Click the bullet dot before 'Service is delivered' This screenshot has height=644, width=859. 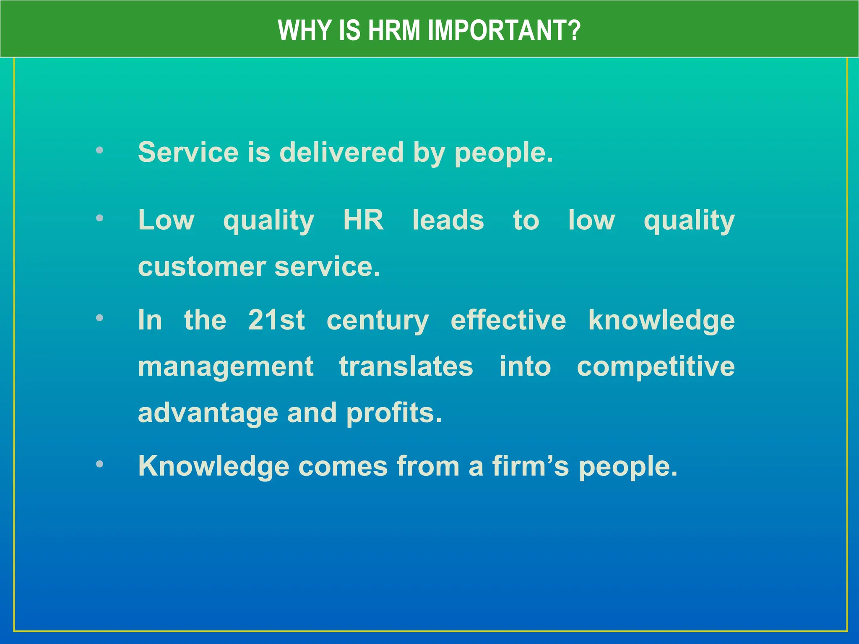coord(99,150)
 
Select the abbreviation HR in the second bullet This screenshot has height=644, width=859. coord(363,220)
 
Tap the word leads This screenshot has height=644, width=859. coord(448,220)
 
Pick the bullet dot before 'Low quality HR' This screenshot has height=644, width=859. coord(99,218)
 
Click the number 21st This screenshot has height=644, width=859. coord(276,320)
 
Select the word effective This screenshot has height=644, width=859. coord(508,320)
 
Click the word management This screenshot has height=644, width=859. coord(226,367)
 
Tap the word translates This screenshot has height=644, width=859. coord(406,366)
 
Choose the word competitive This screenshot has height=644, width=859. coord(656,367)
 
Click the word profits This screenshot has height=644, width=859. coord(394,413)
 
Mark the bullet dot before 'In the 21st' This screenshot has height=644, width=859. coord(99,318)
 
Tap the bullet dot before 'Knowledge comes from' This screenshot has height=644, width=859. coord(99,464)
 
